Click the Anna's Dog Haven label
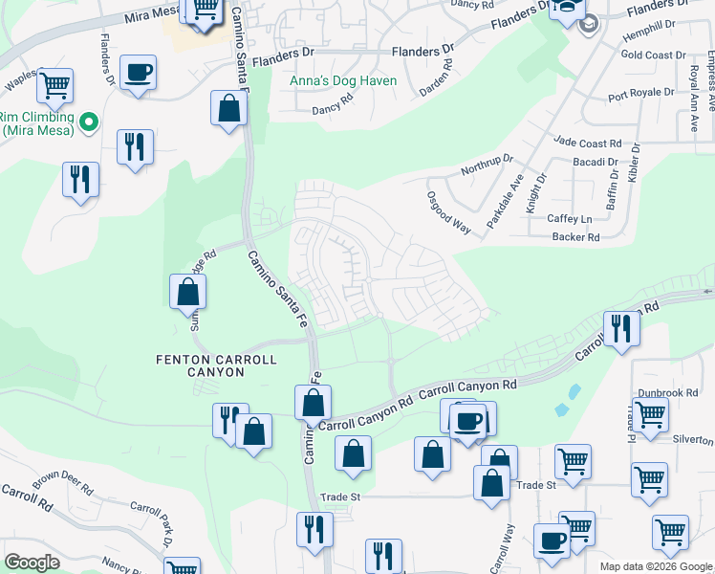click(x=343, y=81)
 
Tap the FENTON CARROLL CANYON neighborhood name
click(x=216, y=365)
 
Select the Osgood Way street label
click(x=449, y=210)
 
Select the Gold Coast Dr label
click(x=656, y=55)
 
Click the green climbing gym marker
click(x=89, y=122)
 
